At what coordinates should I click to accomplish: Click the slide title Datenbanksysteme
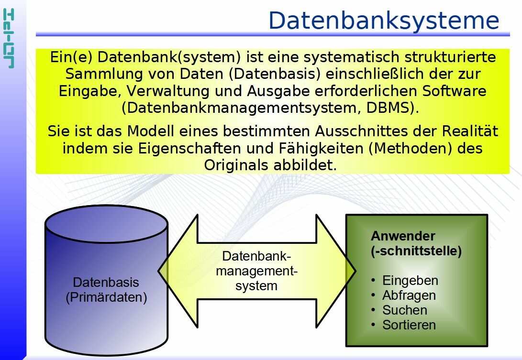(384, 21)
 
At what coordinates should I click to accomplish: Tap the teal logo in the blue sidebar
(9, 39)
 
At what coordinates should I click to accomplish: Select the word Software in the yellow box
(454, 91)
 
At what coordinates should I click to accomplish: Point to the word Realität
(470, 131)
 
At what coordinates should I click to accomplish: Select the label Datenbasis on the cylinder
(106, 283)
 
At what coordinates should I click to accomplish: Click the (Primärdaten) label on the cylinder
(106, 297)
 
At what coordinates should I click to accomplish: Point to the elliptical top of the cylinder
(106, 224)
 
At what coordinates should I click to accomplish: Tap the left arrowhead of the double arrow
(178, 271)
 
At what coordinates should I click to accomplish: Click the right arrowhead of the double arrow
(335, 271)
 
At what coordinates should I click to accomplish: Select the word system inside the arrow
(256, 286)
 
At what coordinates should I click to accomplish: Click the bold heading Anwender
(403, 236)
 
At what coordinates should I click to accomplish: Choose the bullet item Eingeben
(410, 281)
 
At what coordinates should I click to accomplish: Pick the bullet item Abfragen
(409, 295)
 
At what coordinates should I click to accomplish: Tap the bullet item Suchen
(404, 310)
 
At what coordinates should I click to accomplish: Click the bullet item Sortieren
(409, 325)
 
